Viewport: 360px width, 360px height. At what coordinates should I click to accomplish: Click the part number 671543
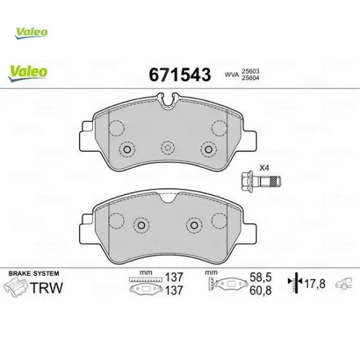pos(181,75)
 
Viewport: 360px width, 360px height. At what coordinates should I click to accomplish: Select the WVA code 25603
pos(250,70)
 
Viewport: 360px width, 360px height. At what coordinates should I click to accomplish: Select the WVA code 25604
pos(250,79)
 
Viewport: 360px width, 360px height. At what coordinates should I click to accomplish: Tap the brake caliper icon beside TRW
pos(14,287)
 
